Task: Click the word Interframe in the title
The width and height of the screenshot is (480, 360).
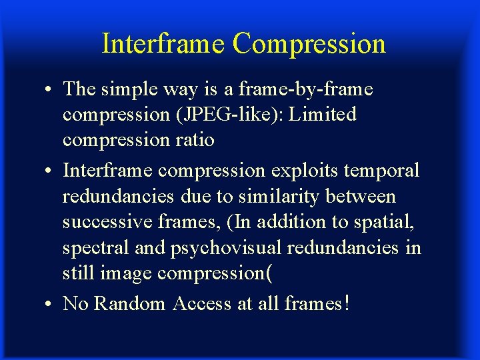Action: (x=163, y=44)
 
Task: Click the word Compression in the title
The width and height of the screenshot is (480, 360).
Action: (x=309, y=44)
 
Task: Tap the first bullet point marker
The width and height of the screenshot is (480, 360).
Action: (x=51, y=89)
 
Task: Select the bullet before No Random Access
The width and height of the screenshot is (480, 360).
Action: (x=51, y=305)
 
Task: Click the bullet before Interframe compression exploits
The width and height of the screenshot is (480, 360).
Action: (x=51, y=171)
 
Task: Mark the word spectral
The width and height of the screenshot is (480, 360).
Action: (x=91, y=248)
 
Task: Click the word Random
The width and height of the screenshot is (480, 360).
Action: (x=130, y=304)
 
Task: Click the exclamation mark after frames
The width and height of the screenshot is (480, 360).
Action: (x=345, y=303)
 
